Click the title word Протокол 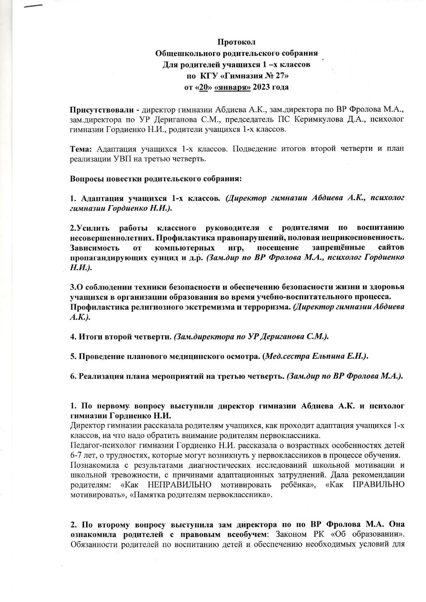tap(236, 42)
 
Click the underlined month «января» tap(232, 87)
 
